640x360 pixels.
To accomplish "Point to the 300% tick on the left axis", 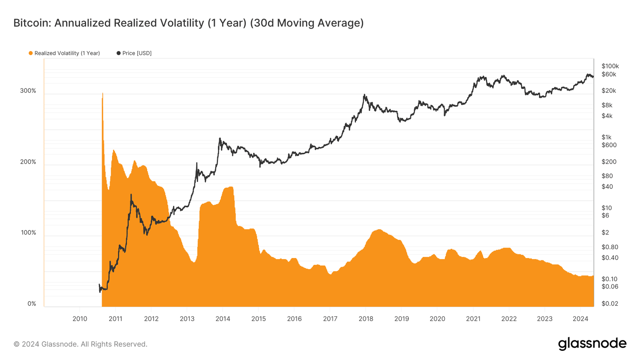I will point(28,91).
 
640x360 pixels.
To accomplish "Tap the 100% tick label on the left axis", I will point(28,233).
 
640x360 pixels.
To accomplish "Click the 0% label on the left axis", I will point(32,304).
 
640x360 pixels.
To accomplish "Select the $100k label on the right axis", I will point(610,66).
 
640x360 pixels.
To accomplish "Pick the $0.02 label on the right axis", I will point(610,304).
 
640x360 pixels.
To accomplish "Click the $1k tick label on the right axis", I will point(606,137).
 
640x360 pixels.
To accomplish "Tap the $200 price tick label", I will point(609,162).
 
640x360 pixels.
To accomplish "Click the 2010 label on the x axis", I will point(80,319).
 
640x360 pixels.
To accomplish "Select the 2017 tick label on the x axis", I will point(330,319).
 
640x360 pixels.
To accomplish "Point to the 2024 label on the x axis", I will point(580,319).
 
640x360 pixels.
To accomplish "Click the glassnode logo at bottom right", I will point(592,344).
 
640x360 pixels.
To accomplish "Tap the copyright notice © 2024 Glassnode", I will point(80,344).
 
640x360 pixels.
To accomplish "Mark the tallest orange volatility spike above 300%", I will point(102,94).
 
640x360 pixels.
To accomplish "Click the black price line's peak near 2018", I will point(364,95).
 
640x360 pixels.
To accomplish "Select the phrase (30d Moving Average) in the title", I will point(307,23).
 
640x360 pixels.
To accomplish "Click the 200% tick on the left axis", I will point(28,162).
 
